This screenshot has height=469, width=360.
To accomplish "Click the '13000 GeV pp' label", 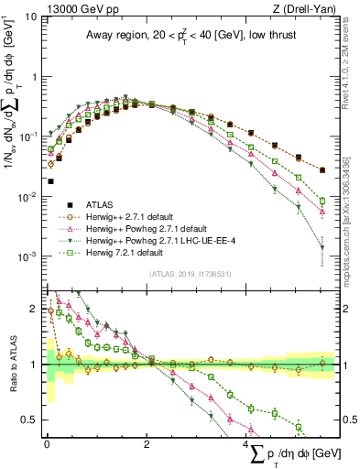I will pos(74,7).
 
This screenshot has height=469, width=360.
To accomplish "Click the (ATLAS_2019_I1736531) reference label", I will pos(190,274).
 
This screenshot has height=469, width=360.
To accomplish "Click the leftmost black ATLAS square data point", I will pos(49,181).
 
